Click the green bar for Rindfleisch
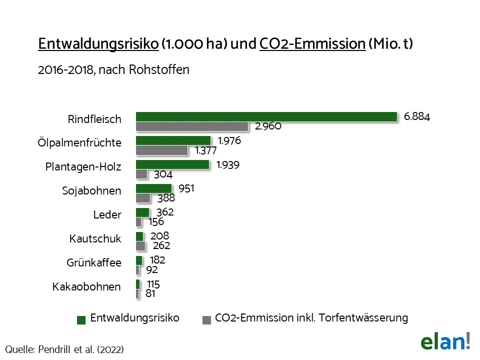(x=266, y=116)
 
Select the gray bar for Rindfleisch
(x=192, y=126)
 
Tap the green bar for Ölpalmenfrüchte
(x=173, y=140)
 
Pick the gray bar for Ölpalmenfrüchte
(x=161, y=150)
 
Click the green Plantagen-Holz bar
(x=172, y=164)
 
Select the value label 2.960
(x=268, y=126)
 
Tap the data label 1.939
(x=228, y=164)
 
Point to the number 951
(x=186, y=188)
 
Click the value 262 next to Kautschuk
(x=161, y=245)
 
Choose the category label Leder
(x=107, y=215)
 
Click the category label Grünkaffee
(x=94, y=262)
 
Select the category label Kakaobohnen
(x=86, y=287)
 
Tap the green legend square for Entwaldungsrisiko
(x=81, y=319)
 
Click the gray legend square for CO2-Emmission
(x=206, y=319)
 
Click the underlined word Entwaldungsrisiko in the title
(x=98, y=44)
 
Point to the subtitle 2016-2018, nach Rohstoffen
(x=113, y=69)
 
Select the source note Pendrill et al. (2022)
(x=64, y=349)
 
